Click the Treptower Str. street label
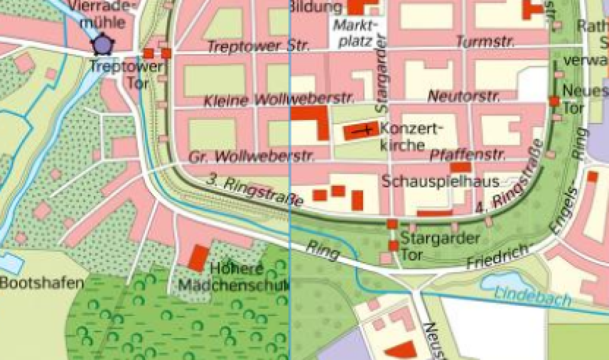258,47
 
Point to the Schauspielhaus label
441,182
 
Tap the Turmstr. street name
485,42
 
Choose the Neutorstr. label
463,96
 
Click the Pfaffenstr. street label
464,155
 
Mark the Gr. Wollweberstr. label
252,157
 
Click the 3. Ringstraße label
255,189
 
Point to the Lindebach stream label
533,297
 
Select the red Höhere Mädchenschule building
197,258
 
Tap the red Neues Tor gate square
554,101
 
